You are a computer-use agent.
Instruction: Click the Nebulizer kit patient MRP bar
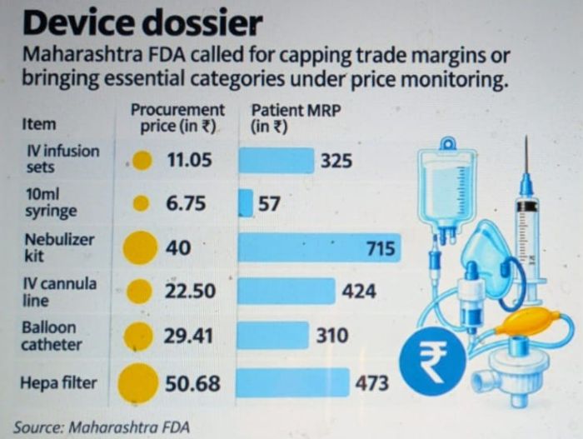pyautogui.click(x=319, y=247)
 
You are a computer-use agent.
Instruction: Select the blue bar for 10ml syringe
pyautogui.click(x=246, y=203)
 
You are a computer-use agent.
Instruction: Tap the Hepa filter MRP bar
pyautogui.click(x=292, y=382)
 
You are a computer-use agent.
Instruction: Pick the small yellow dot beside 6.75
pyautogui.click(x=141, y=203)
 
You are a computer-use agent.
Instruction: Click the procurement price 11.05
pyautogui.click(x=189, y=160)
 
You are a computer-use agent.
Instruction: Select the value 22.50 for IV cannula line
pyautogui.click(x=190, y=291)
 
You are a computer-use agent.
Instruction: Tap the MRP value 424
pyautogui.click(x=359, y=291)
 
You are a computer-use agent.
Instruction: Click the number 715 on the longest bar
pyautogui.click(x=381, y=248)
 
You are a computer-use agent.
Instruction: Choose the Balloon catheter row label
pyautogui.click(x=52, y=336)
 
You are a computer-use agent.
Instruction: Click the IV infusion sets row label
pyautogui.click(x=62, y=159)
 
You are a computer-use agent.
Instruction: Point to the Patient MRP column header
pyautogui.click(x=296, y=118)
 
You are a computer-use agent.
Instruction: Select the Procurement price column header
pyautogui.click(x=177, y=118)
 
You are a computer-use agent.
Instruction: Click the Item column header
pyautogui.click(x=39, y=124)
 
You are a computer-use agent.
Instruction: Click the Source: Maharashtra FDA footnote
pyautogui.click(x=102, y=427)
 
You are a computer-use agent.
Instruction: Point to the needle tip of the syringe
pyautogui.click(x=526, y=136)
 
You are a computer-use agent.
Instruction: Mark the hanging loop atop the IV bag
pyautogui.click(x=446, y=142)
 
